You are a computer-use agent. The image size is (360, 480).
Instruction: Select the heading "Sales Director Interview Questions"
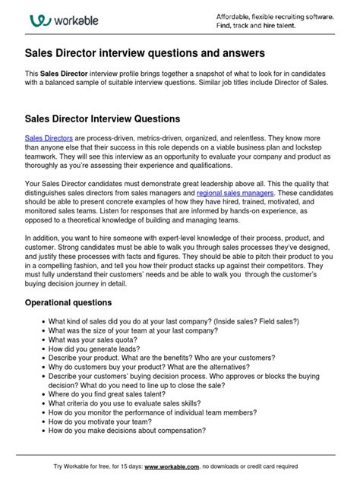103,120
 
